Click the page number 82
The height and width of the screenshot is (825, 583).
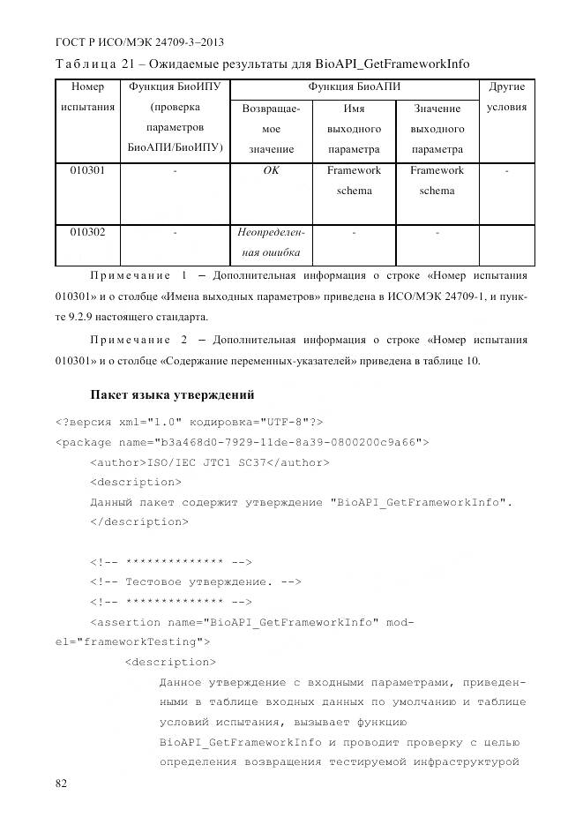62,783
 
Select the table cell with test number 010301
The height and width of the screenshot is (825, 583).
87,170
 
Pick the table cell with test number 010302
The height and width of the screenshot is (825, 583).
87,233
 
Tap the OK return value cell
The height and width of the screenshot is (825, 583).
271,170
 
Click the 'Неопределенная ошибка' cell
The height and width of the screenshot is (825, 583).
271,243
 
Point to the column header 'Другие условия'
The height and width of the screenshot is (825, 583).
506,97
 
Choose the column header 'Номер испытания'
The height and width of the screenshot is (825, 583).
87,97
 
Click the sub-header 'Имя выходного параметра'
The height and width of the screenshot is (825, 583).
354,129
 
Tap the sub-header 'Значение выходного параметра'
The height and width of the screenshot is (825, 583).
437,129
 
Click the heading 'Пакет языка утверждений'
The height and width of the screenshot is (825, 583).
173,394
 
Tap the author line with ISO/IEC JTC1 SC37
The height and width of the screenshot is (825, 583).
209,461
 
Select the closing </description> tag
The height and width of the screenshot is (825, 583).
138,521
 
